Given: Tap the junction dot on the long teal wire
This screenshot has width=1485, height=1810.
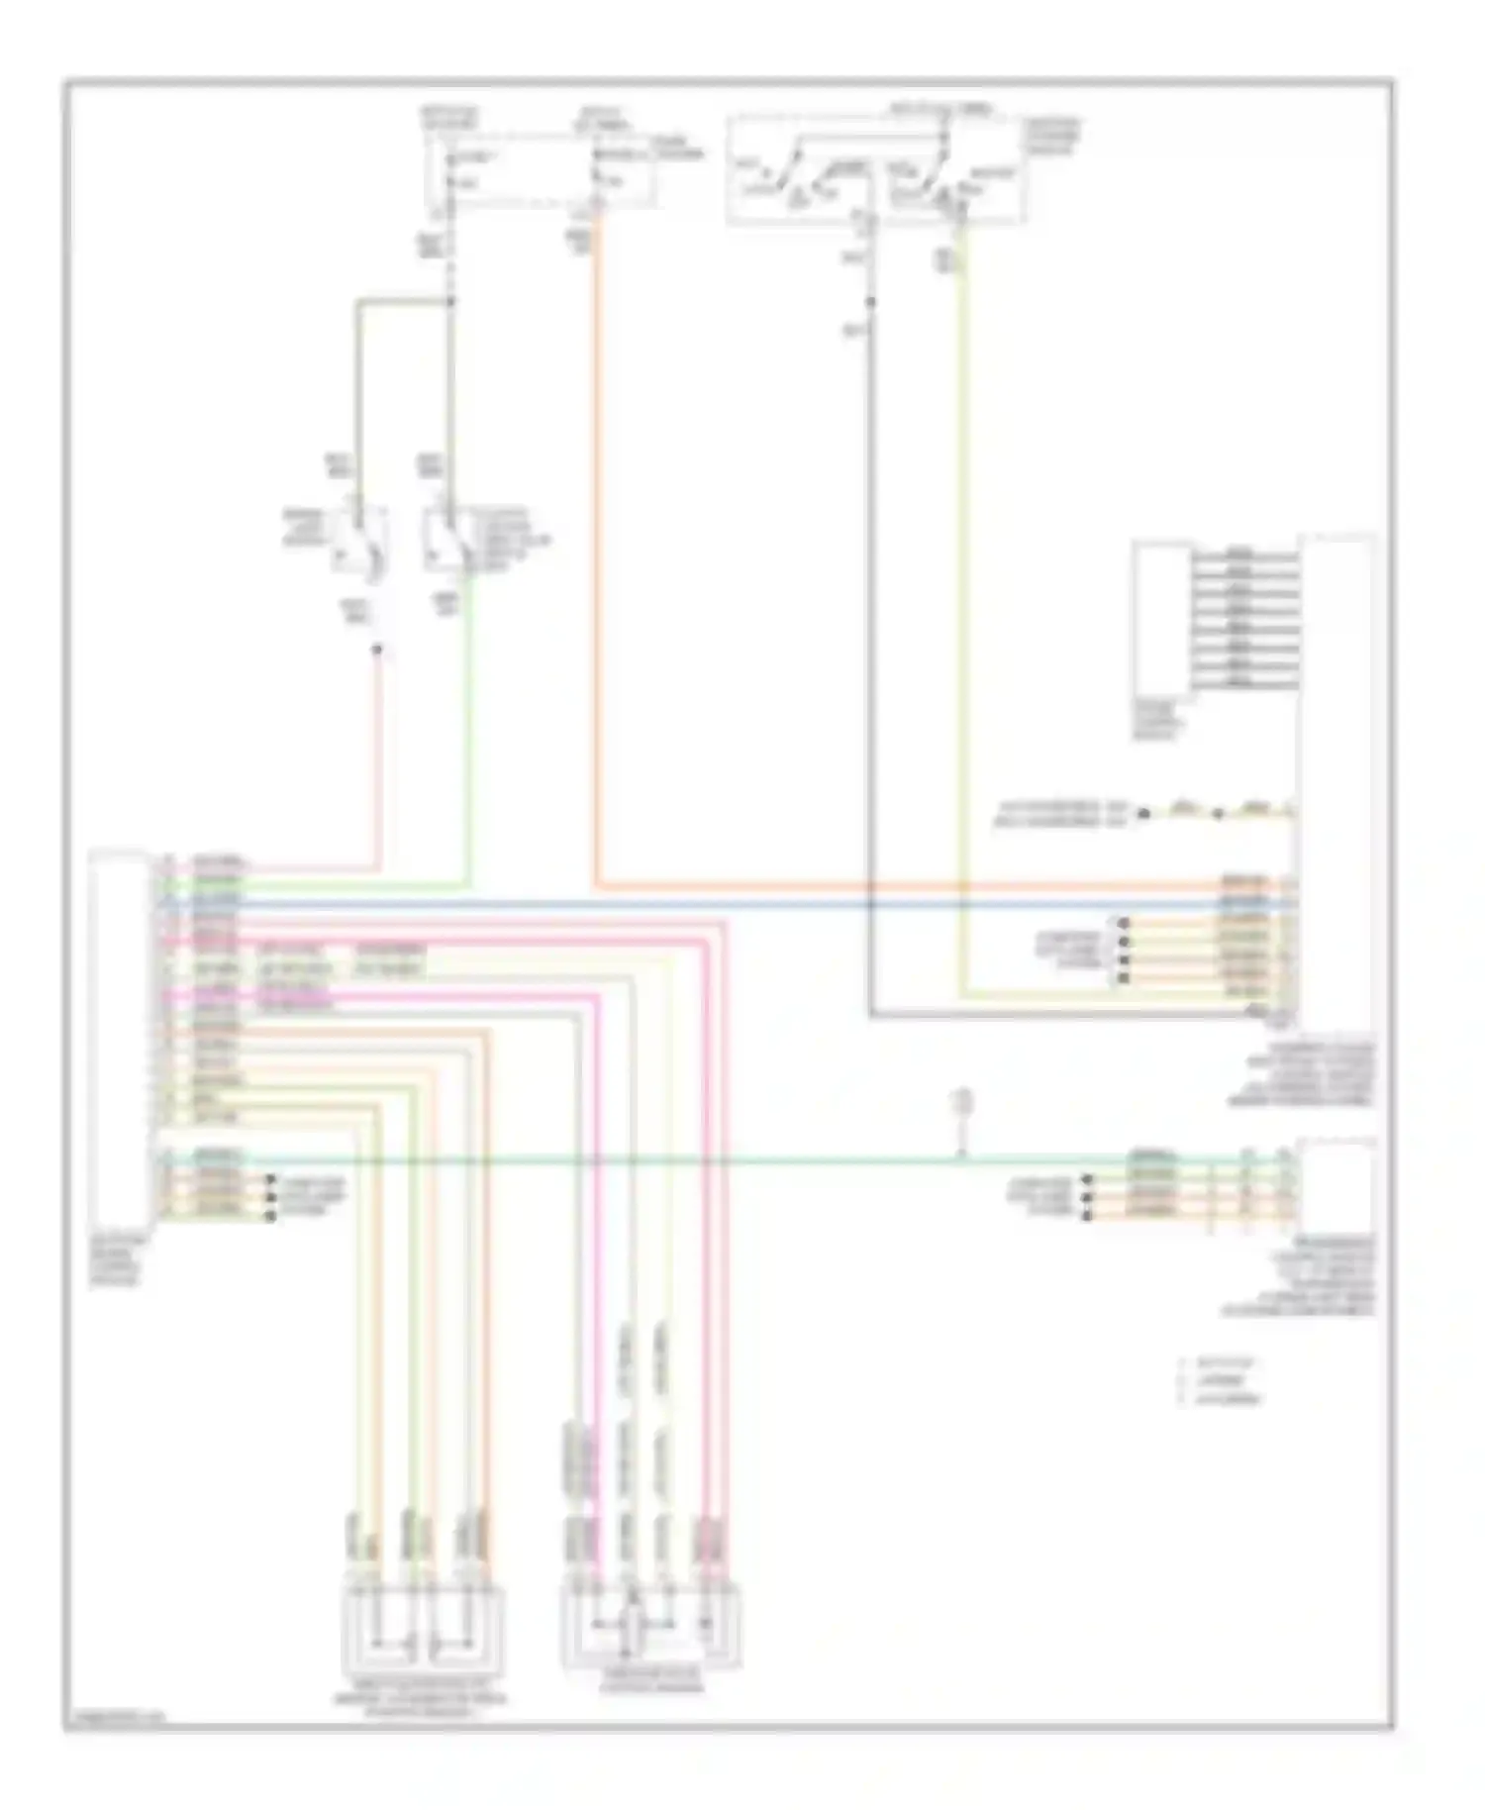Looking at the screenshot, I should tap(960, 1156).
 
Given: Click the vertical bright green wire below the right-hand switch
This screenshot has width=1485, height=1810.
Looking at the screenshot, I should tap(468, 733).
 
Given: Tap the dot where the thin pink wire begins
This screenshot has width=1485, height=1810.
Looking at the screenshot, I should tap(377, 651).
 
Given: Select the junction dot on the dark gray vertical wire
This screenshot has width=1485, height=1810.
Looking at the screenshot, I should tap(870, 301).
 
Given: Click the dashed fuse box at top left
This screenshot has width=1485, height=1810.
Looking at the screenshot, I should tap(540, 170).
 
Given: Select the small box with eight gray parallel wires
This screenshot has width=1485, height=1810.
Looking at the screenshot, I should tap(1162, 620).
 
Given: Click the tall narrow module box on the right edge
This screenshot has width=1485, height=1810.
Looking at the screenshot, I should tap(1336, 782).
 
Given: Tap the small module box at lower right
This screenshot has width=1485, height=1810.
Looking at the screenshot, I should tap(1336, 1184).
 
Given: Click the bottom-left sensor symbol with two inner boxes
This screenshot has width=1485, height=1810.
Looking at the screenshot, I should tap(422, 1629).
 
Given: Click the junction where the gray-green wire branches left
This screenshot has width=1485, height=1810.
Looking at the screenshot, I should tap(451, 301).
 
